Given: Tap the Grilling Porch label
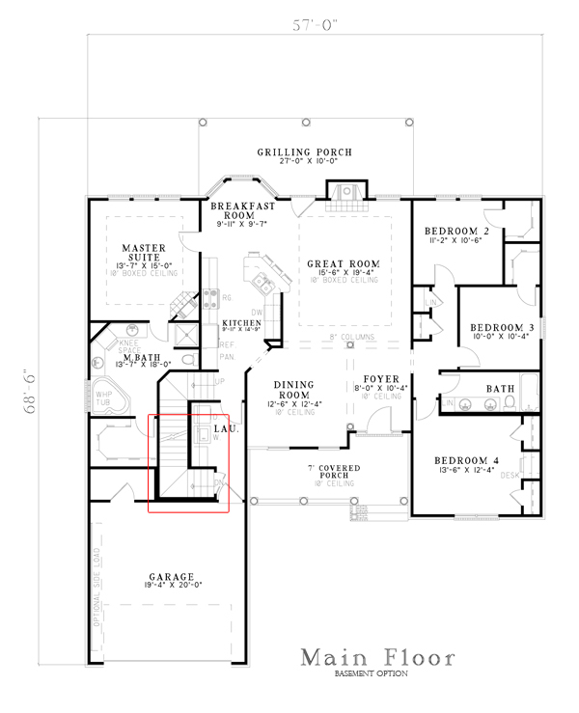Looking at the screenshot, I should (x=303, y=152).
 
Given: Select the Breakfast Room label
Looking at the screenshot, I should (x=244, y=211).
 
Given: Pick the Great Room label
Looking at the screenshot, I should (x=344, y=263).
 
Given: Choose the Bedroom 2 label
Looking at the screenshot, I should (x=457, y=232).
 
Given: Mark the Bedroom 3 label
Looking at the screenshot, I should (x=502, y=328).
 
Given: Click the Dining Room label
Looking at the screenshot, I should (x=297, y=389).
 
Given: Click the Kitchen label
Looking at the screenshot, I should (x=241, y=323).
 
